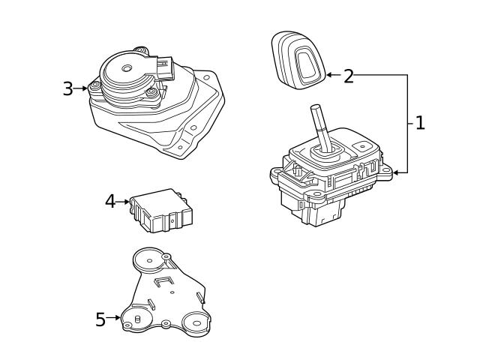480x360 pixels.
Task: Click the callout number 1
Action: click(420, 123)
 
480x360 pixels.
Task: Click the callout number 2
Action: click(348, 76)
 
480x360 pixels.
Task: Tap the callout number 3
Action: click(67, 89)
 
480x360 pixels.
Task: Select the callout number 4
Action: click(110, 201)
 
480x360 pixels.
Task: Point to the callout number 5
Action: click(100, 319)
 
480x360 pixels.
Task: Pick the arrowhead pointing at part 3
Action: click(85, 89)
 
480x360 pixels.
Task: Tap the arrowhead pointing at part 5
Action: click(118, 318)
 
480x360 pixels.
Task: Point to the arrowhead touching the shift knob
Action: click(329, 75)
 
